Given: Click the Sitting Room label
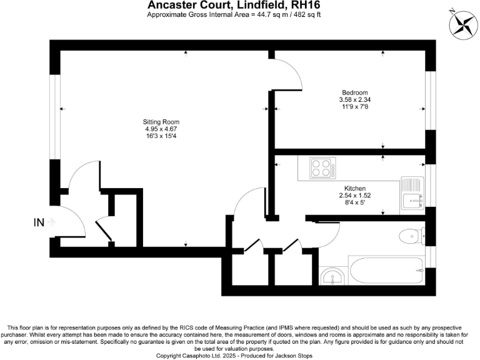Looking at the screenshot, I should click(x=161, y=121).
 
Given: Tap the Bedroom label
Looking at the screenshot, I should click(x=355, y=92).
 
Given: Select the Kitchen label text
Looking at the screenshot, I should click(x=355, y=188).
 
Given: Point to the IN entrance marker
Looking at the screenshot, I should click(x=39, y=222).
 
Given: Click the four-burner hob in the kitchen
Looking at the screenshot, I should click(x=322, y=168).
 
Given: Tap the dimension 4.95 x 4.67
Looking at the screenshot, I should click(x=161, y=129).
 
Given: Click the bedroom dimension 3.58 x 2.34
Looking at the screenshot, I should click(x=355, y=99).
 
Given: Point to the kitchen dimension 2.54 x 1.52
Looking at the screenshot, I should click(x=355, y=195).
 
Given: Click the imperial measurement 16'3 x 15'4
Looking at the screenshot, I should click(x=161, y=136).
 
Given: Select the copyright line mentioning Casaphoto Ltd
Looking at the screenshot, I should click(x=240, y=355).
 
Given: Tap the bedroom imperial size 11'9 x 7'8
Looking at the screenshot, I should click(x=355, y=106).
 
